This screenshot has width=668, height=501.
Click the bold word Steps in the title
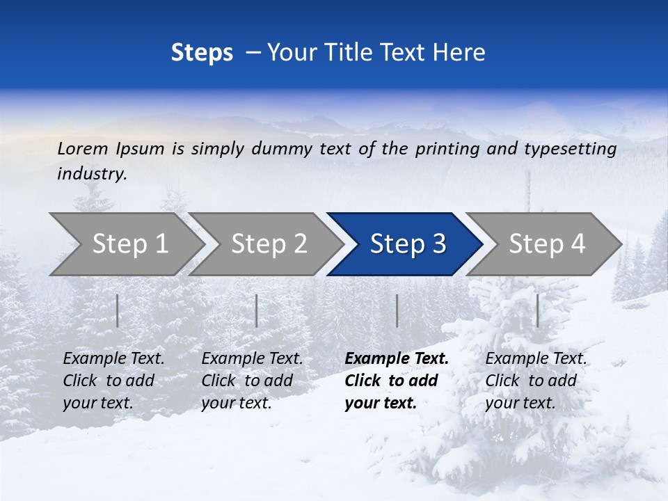pos(202,53)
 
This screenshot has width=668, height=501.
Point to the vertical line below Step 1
pos(118,310)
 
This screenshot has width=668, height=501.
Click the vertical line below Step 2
pos(257,310)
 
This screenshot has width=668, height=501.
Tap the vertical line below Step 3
pos(397,310)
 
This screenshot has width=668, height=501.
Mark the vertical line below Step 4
pos(538,310)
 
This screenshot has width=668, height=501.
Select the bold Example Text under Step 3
pos(397,359)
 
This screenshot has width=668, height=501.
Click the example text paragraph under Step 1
pos(113,381)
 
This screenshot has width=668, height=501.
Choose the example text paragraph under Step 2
pos(252,381)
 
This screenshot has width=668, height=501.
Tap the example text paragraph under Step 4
pos(536,381)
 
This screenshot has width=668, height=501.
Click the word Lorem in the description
pos(83,149)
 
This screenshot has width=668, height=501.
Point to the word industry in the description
pos(92,174)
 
